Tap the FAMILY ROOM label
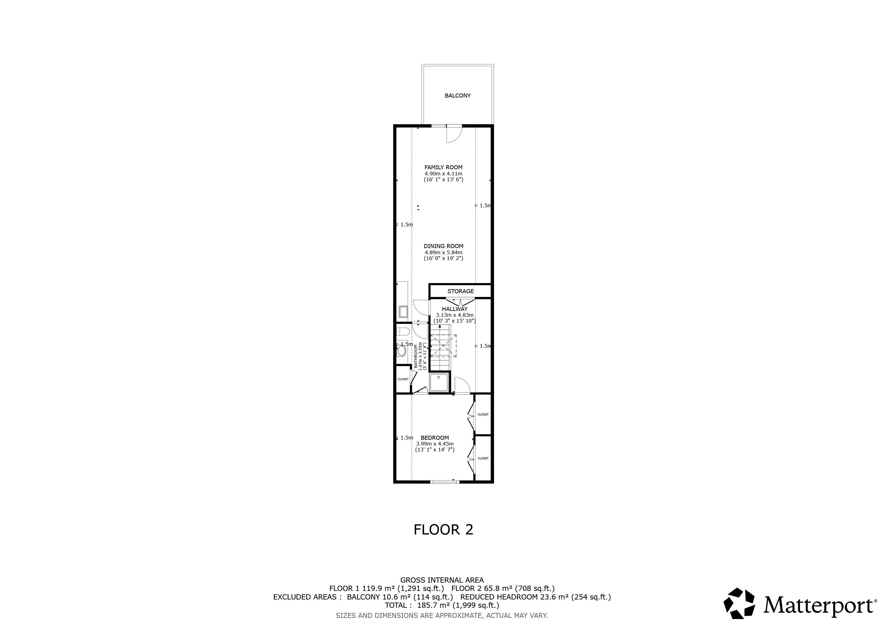(x=443, y=167)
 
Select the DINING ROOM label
(x=443, y=246)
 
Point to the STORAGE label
(x=460, y=291)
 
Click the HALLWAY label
(x=455, y=309)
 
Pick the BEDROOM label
(x=435, y=438)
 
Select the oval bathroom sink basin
(x=402, y=351)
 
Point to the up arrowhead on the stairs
(x=440, y=327)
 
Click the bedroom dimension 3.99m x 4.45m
(x=435, y=444)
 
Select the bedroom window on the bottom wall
(x=445, y=481)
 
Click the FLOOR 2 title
(x=443, y=529)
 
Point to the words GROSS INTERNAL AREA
(x=442, y=580)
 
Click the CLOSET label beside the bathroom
(x=403, y=379)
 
